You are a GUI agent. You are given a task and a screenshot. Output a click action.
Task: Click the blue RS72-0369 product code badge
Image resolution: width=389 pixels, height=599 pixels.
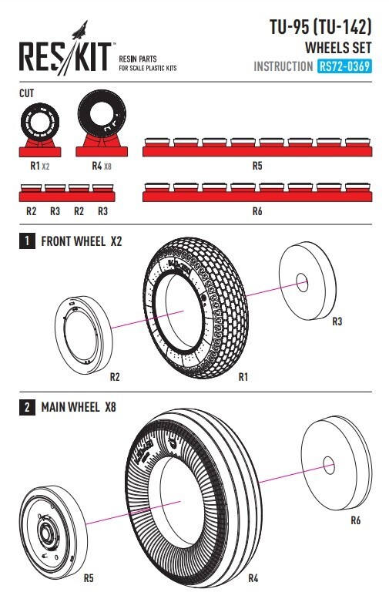(344, 66)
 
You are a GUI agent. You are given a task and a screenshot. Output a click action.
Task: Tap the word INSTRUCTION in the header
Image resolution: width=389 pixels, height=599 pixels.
(283, 66)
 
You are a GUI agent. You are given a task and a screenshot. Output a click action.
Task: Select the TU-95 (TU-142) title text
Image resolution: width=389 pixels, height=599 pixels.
(320, 27)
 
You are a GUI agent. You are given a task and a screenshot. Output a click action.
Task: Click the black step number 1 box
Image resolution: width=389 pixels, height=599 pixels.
(27, 241)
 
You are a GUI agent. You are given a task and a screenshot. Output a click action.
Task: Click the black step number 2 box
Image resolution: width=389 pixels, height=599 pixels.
(27, 407)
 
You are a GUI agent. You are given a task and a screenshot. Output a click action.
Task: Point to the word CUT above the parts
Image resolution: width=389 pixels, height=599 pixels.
(27, 93)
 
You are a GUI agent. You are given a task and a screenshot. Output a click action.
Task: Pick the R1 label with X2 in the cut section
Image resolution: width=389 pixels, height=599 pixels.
(40, 166)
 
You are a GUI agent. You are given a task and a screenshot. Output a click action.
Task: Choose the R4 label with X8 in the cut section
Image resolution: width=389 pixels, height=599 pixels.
(102, 166)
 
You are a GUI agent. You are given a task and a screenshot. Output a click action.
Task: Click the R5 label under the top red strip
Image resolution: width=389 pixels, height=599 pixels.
(257, 166)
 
